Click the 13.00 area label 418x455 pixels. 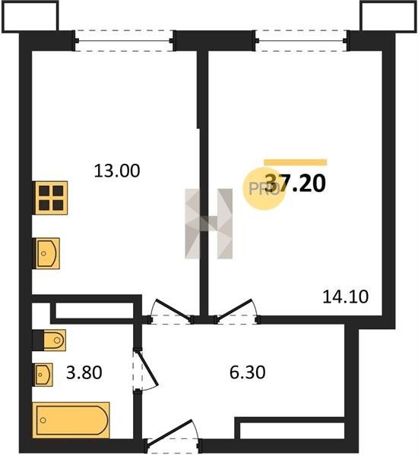pyautogui.click(x=117, y=171)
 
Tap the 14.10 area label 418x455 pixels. pyautogui.click(x=346, y=297)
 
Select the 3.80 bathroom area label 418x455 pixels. pyautogui.click(x=84, y=372)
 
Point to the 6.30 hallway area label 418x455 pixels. pyautogui.click(x=247, y=372)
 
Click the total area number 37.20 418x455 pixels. pyautogui.click(x=296, y=184)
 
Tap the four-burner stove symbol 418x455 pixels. pyautogui.click(x=50, y=198)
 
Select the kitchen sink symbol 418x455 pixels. pyautogui.click(x=46, y=253)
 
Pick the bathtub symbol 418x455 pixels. pyautogui.click(x=71, y=420)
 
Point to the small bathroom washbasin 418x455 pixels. pyautogui.click(x=43, y=375)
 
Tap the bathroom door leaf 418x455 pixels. pyautogui.click(x=147, y=369)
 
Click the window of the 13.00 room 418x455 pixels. pyautogui.click(x=124, y=41)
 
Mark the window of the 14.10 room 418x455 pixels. pyautogui.click(x=301, y=41)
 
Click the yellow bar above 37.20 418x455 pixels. pyautogui.click(x=296, y=162)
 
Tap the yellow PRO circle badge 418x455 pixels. pyautogui.click(x=264, y=189)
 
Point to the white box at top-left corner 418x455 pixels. pyautogui.click(x=30, y=16)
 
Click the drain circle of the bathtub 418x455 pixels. pyautogui.click(x=43, y=420)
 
